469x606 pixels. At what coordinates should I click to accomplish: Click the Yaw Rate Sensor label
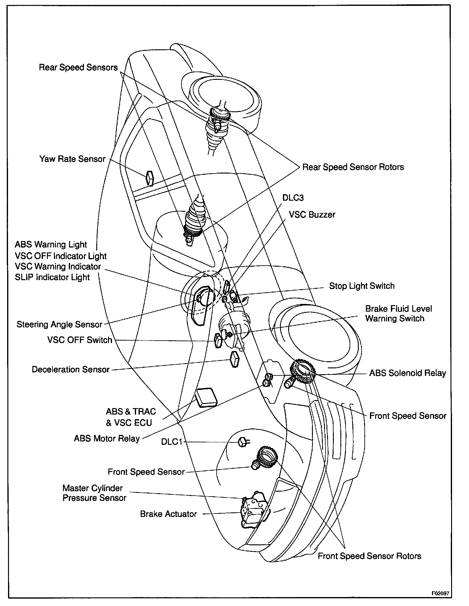tap(72, 159)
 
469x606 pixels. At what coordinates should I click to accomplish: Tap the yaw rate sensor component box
tap(150, 178)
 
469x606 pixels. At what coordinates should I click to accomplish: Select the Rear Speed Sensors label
tap(78, 68)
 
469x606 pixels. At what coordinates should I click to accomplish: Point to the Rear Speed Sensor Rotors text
tap(353, 167)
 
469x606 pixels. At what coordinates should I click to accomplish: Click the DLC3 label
tap(293, 198)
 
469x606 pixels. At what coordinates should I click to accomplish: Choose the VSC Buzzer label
tap(312, 215)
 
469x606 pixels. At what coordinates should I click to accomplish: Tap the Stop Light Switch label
tap(362, 286)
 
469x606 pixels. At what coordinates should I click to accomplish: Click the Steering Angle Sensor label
tap(59, 324)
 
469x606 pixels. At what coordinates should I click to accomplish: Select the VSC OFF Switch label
tap(80, 340)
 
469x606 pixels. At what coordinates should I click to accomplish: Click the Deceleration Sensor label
tap(71, 369)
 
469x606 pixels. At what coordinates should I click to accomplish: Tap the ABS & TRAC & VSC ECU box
tap(206, 398)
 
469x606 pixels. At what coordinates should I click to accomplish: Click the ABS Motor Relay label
tap(107, 438)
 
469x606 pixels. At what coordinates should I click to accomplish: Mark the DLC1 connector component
tap(243, 442)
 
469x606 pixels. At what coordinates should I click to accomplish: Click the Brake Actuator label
tap(168, 514)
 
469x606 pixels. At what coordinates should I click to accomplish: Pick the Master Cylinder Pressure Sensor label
tap(94, 493)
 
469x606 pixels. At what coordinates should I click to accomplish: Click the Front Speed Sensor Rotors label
tap(369, 556)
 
